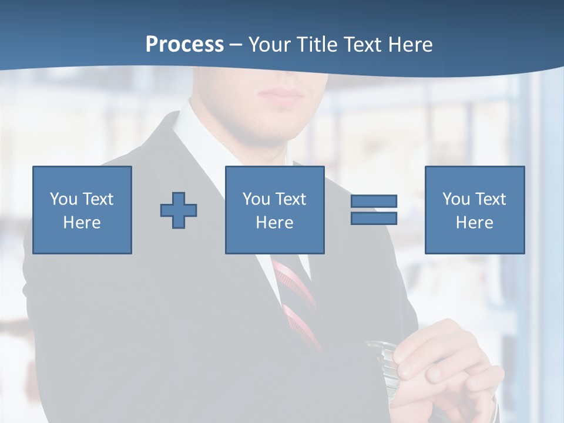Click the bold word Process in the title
[184, 45]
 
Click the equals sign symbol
[374, 210]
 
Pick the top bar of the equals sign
[374, 202]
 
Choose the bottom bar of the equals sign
[374, 218]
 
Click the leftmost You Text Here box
[82, 210]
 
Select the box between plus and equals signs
[274, 210]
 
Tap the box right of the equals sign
[474, 210]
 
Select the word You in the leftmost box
[63, 199]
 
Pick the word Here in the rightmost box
[474, 222]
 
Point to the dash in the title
[236, 45]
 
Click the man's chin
[276, 126]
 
